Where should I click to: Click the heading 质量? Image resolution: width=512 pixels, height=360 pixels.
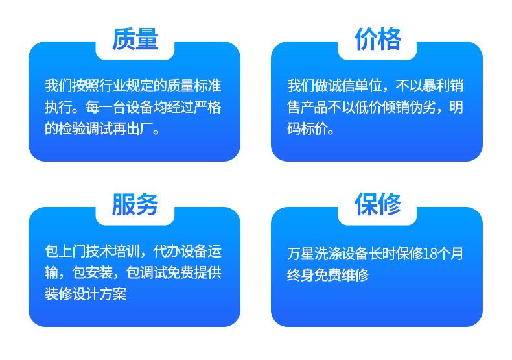(135, 39)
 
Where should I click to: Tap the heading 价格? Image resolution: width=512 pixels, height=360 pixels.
(377, 39)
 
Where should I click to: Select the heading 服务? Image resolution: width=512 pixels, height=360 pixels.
(135, 204)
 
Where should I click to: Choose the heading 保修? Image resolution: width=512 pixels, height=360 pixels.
(377, 204)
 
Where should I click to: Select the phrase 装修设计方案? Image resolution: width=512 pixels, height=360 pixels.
(86, 294)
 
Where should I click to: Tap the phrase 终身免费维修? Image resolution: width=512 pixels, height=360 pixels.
(328, 276)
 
